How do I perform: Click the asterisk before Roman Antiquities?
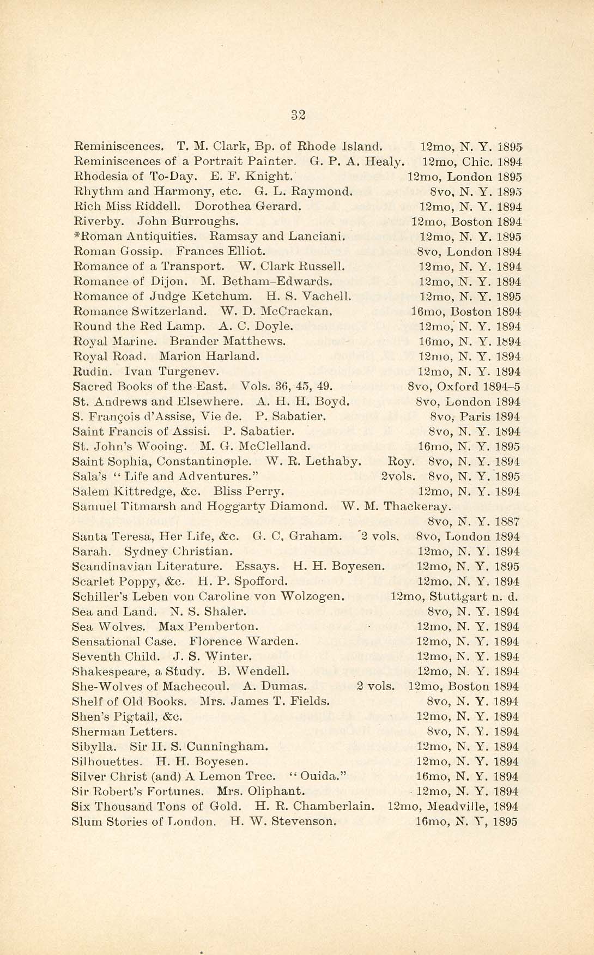(x=76, y=235)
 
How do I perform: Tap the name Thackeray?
(x=417, y=506)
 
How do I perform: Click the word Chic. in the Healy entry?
(x=478, y=162)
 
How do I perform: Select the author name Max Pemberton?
(x=209, y=626)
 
